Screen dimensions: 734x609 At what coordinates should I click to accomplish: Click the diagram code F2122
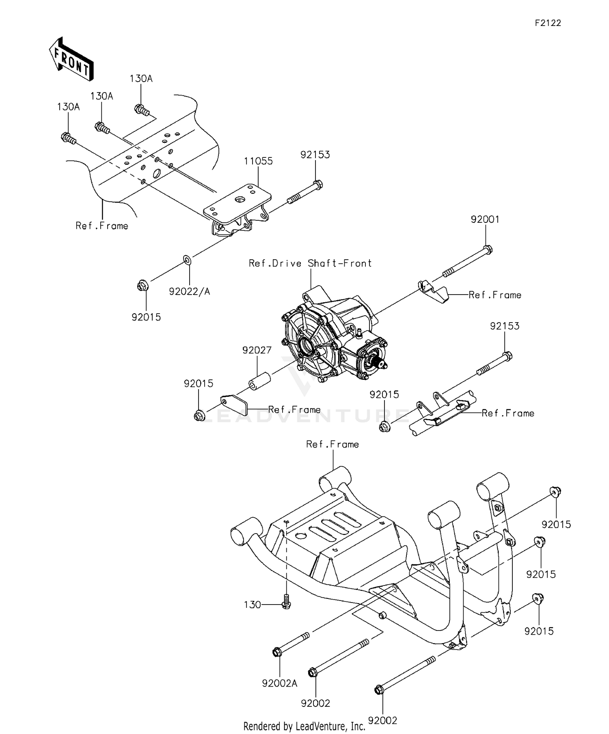point(547,23)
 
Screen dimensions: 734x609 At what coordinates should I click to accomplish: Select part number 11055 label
point(258,161)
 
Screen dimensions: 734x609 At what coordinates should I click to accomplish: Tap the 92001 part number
point(485,220)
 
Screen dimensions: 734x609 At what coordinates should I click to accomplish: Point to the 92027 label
point(257,350)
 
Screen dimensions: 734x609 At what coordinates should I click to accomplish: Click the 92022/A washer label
point(189,291)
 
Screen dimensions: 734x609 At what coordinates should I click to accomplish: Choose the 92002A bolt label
point(279,683)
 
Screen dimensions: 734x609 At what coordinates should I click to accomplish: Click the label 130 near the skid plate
point(252,605)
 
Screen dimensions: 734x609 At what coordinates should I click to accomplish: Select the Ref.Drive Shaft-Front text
point(310,263)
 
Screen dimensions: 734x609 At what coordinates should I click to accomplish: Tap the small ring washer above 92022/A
point(187,259)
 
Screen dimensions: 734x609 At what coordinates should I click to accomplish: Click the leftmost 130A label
point(68,107)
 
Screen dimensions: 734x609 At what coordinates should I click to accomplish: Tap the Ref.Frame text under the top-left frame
point(101,226)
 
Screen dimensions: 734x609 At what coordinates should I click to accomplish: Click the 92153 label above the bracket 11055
point(315,155)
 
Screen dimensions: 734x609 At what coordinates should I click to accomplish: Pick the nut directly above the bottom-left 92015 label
point(142,286)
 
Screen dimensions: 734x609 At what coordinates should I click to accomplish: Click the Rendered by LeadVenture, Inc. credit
point(304,726)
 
